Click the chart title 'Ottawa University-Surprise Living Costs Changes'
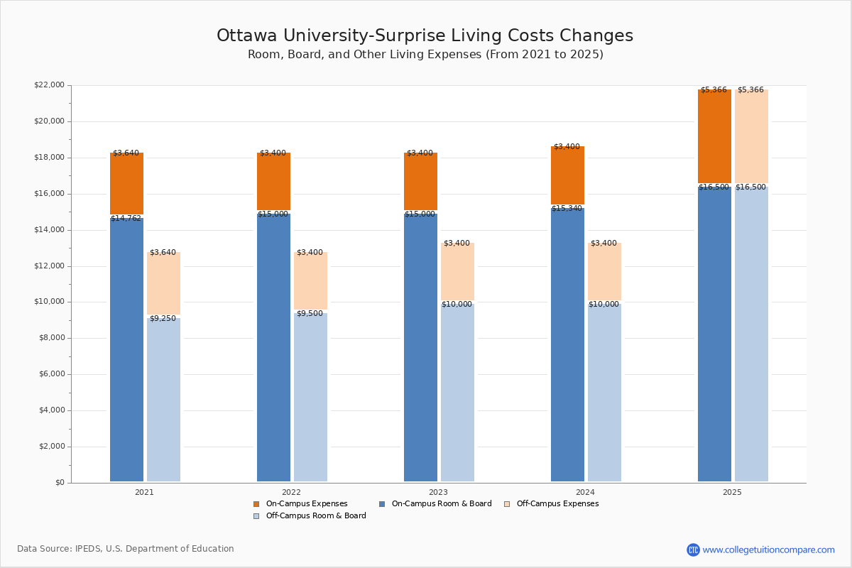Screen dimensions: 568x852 tap(425, 36)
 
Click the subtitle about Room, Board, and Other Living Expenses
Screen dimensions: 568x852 tap(425, 55)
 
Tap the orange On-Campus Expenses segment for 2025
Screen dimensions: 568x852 tap(714, 136)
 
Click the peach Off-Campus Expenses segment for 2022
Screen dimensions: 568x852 tap(310, 281)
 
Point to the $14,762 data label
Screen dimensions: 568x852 tap(126, 219)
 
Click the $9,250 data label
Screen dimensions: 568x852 tap(163, 319)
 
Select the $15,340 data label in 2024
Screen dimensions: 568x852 tap(567, 209)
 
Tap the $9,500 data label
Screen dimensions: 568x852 tap(310, 314)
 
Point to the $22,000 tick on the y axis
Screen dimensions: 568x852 tap(49, 85)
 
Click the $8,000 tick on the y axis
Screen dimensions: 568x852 tap(51, 338)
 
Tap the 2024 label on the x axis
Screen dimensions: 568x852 tap(585, 492)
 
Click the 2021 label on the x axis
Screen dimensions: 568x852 tap(144, 492)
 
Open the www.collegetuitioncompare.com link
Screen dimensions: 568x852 tap(768, 550)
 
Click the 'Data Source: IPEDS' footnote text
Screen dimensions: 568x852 tap(126, 549)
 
